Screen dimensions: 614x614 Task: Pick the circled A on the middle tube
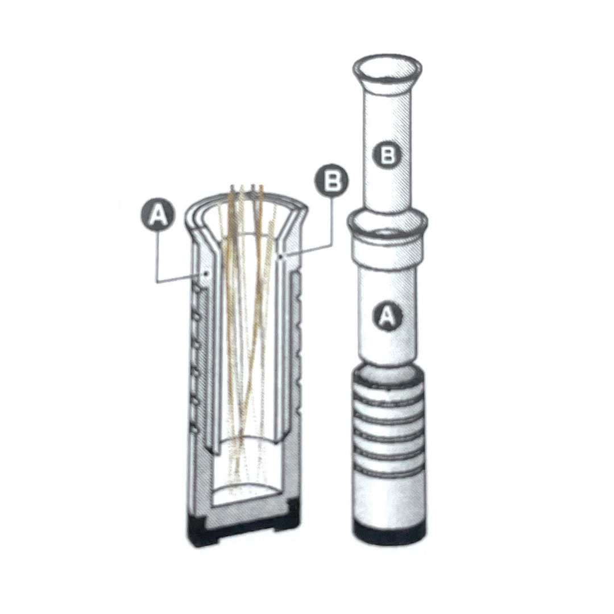click(387, 315)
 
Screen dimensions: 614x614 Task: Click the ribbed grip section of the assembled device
click(388, 423)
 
